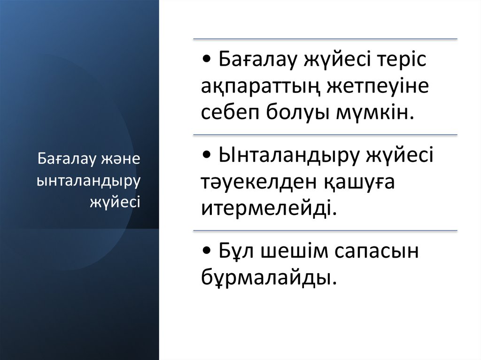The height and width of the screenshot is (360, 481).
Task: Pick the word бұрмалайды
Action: click(269, 278)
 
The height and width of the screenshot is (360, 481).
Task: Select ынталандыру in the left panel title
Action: click(88, 180)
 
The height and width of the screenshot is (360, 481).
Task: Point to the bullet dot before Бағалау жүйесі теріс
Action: click(208, 61)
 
